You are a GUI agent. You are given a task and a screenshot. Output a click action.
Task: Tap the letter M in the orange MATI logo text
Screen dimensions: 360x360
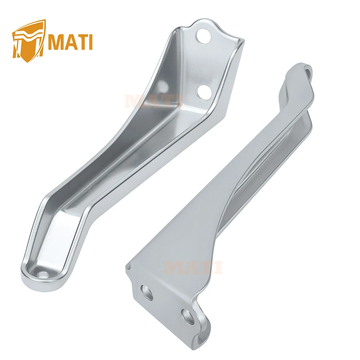[x=56, y=42]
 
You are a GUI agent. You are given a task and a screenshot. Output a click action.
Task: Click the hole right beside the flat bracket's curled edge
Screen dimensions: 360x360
[x=188, y=316]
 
